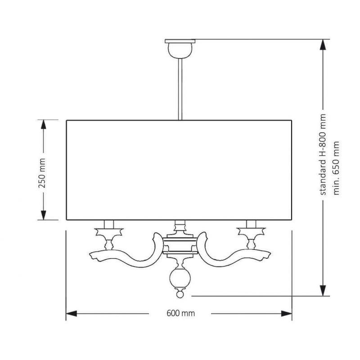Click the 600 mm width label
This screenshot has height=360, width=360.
pyautogui.click(x=181, y=313)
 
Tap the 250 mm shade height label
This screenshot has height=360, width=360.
pyautogui.click(x=42, y=173)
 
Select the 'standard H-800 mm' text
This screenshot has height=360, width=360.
pyautogui.click(x=323, y=154)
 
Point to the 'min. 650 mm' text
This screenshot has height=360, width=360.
pyautogui.click(x=336, y=168)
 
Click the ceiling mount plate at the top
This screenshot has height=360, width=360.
pyautogui.click(x=180, y=41)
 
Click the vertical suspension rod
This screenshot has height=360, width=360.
pyautogui.click(x=180, y=89)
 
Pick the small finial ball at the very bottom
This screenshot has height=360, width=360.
pyautogui.click(x=180, y=294)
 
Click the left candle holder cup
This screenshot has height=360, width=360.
pyautogui.click(x=109, y=232)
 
